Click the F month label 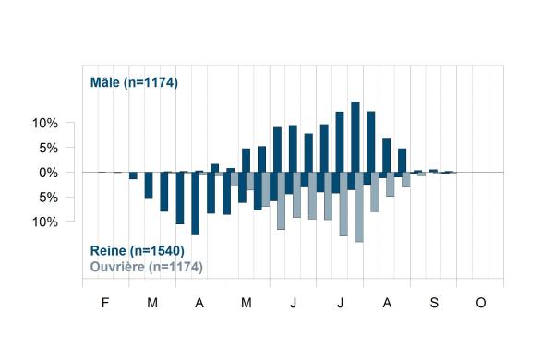(105, 303)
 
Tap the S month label (434, 303)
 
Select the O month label (481, 303)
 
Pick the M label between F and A (152, 303)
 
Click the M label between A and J (247, 303)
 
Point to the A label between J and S (387, 303)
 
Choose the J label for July (340, 303)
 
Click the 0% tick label (48, 173)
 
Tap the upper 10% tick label (45, 124)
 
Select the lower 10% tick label (45, 222)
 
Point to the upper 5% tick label (48, 148)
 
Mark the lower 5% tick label (48, 198)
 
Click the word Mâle (105, 82)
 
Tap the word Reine (108, 250)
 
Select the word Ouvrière (117, 267)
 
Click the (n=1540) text (157, 251)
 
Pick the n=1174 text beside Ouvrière (175, 267)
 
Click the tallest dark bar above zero (355, 137)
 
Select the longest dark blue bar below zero (196, 203)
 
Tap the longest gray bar (359, 207)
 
